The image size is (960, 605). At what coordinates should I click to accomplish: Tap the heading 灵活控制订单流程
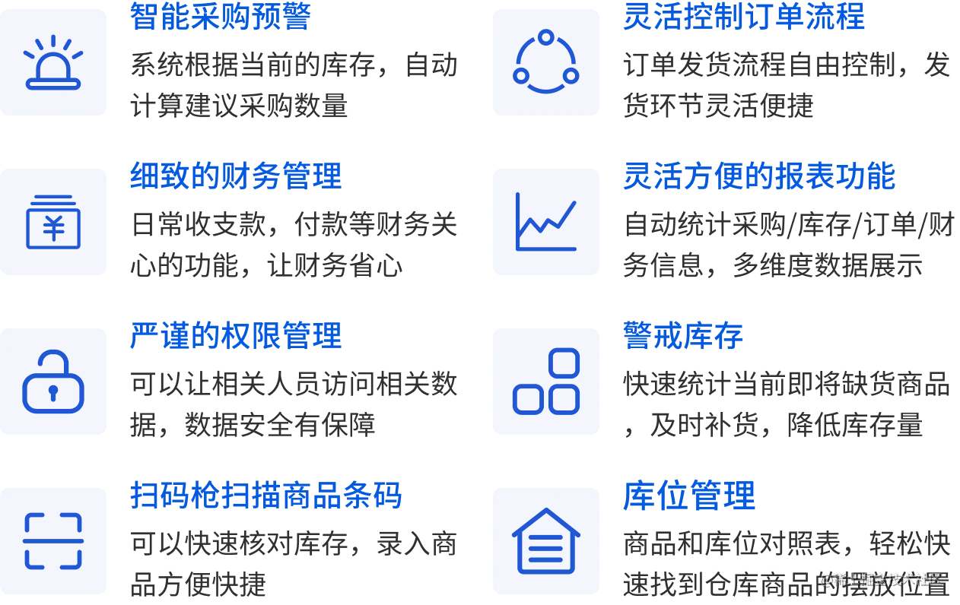coord(744,17)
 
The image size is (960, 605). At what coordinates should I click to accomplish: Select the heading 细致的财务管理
coord(236,176)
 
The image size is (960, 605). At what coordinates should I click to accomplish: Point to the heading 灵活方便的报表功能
coord(759,176)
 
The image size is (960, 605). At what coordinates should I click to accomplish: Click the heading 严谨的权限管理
coord(236,336)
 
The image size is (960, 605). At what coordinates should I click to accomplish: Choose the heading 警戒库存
coord(683,336)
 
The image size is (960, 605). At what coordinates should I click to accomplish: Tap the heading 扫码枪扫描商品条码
coord(265,496)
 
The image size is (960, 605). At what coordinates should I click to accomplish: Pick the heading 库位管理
coord(688,496)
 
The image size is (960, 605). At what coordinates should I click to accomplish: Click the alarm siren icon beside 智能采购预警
coord(54,62)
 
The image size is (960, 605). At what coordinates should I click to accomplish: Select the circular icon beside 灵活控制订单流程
coord(547,62)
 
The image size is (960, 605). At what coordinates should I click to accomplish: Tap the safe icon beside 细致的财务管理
coord(54,222)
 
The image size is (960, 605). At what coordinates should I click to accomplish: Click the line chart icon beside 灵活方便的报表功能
coord(547,222)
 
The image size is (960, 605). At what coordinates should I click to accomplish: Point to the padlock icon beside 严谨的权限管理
coord(54,382)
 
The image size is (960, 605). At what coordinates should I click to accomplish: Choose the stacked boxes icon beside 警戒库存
coord(547,382)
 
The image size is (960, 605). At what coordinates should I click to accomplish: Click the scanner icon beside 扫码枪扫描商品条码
coord(54,541)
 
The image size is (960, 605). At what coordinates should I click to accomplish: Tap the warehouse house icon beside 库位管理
coord(547,541)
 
